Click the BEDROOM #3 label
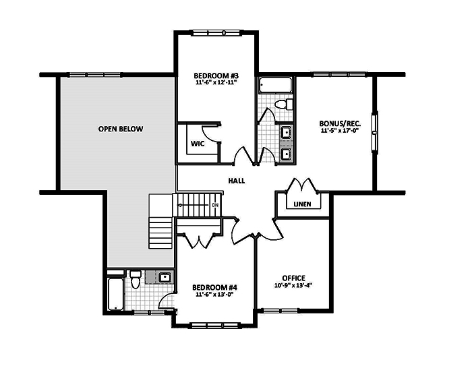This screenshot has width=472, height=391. [215, 75]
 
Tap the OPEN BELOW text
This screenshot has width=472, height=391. [120, 129]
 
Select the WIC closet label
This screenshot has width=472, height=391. [198, 144]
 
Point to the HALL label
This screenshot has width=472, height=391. [237, 181]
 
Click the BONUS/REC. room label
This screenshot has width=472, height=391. [340, 123]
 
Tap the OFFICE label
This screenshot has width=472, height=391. [294, 278]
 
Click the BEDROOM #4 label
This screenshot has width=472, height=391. [214, 287]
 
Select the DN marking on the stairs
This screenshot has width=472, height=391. [215, 204]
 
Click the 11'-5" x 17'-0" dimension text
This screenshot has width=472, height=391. [340, 131]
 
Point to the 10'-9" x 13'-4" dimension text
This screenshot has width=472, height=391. [294, 285]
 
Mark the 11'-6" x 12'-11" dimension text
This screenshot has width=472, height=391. [215, 83]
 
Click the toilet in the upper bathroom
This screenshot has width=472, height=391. [285, 104]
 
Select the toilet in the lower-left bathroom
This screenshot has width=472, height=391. [135, 278]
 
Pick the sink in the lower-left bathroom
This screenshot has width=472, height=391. [165, 276]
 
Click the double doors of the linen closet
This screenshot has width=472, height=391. [299, 186]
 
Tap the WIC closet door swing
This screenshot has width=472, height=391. [210, 132]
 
